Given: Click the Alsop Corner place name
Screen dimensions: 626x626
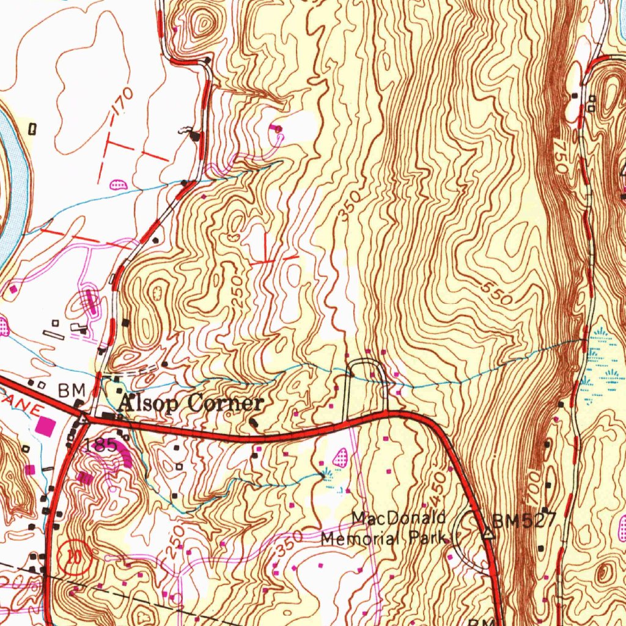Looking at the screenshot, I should [x=191, y=403].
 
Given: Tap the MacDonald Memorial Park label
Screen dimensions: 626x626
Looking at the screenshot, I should [x=384, y=529].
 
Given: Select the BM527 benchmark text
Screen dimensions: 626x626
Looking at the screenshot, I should [x=524, y=521].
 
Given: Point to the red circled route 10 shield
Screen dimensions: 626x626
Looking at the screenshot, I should [x=73, y=556].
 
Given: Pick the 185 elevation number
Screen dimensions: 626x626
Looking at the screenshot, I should [x=101, y=445].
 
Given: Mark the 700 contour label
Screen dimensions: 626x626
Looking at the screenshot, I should [x=533, y=487].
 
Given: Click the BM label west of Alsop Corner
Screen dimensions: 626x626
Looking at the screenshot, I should [x=68, y=390].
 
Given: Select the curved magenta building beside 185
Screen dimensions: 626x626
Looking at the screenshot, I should [x=126, y=457].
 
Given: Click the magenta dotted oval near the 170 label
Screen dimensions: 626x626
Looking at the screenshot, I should [x=117, y=183].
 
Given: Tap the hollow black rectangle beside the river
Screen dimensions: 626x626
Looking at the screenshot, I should [x=32, y=129].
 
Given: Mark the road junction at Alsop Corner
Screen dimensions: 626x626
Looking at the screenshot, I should [x=86, y=419].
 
